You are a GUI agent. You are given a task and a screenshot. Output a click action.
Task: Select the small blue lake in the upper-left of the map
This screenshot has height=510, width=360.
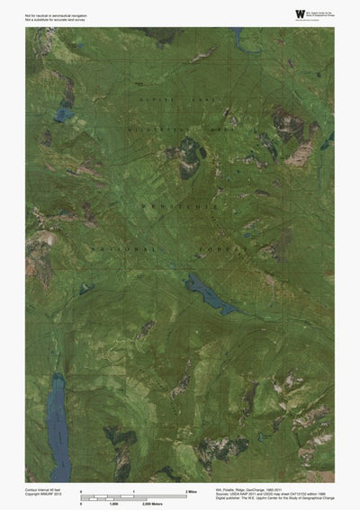[62, 115]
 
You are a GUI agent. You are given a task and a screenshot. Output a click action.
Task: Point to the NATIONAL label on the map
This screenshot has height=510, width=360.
[121, 246]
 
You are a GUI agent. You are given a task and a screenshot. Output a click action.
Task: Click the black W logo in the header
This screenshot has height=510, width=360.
[299, 13]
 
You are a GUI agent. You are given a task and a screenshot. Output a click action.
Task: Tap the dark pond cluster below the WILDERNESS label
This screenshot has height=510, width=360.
[192, 162]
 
